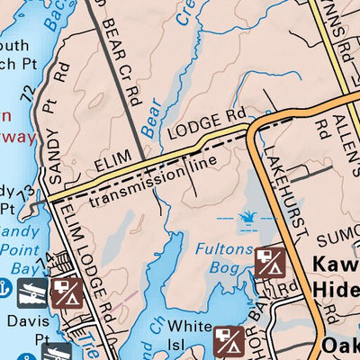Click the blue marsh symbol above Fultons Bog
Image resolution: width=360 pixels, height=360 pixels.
(245, 216)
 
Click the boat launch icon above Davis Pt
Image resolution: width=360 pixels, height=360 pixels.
(33, 291)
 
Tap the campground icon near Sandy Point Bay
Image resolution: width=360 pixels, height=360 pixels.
(67, 292)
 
